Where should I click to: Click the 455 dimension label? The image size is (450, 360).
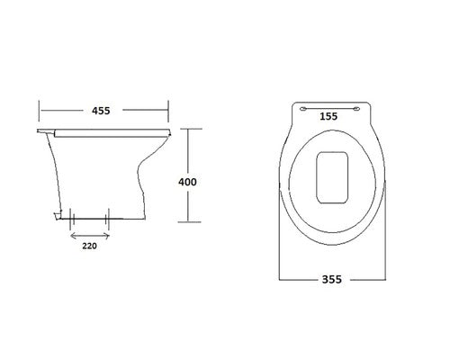click(x=101, y=111)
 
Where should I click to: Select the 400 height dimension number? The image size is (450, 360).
click(x=187, y=182)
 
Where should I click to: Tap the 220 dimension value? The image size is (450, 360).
click(x=90, y=246)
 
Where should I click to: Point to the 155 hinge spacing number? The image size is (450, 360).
click(x=328, y=116)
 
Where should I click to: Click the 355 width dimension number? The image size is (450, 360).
click(x=332, y=279)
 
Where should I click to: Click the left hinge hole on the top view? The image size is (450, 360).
click(x=303, y=109)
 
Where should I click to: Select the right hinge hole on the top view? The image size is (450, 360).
click(x=356, y=109)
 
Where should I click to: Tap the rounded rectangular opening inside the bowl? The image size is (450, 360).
click(x=332, y=177)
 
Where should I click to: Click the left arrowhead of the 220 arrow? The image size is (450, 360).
click(x=72, y=236)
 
